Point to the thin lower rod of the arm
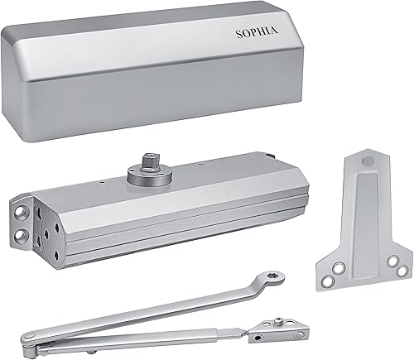(166, 331)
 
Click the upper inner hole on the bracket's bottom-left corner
(337, 266)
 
